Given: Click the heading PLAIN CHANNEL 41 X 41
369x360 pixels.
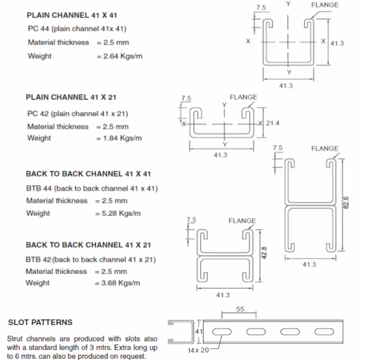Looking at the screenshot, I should [x=72, y=16].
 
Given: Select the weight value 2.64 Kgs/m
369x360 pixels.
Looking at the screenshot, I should [x=120, y=56].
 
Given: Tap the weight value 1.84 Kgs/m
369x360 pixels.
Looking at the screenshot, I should [x=120, y=138].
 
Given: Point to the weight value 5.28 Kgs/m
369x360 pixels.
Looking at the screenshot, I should [x=119, y=213].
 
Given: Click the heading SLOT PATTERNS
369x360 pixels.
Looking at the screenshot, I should [x=40, y=322].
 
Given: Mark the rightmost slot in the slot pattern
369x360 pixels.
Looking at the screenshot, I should [x=324, y=331].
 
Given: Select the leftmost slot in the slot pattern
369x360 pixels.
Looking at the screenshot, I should [x=225, y=331].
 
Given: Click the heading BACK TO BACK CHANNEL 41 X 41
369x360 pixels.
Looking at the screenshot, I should [x=88, y=174].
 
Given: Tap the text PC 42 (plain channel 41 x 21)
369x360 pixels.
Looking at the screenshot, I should [x=78, y=114].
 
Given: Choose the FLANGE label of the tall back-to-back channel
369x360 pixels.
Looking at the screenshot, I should [x=325, y=148].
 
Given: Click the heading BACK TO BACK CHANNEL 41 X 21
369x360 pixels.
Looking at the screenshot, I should [x=88, y=245].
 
